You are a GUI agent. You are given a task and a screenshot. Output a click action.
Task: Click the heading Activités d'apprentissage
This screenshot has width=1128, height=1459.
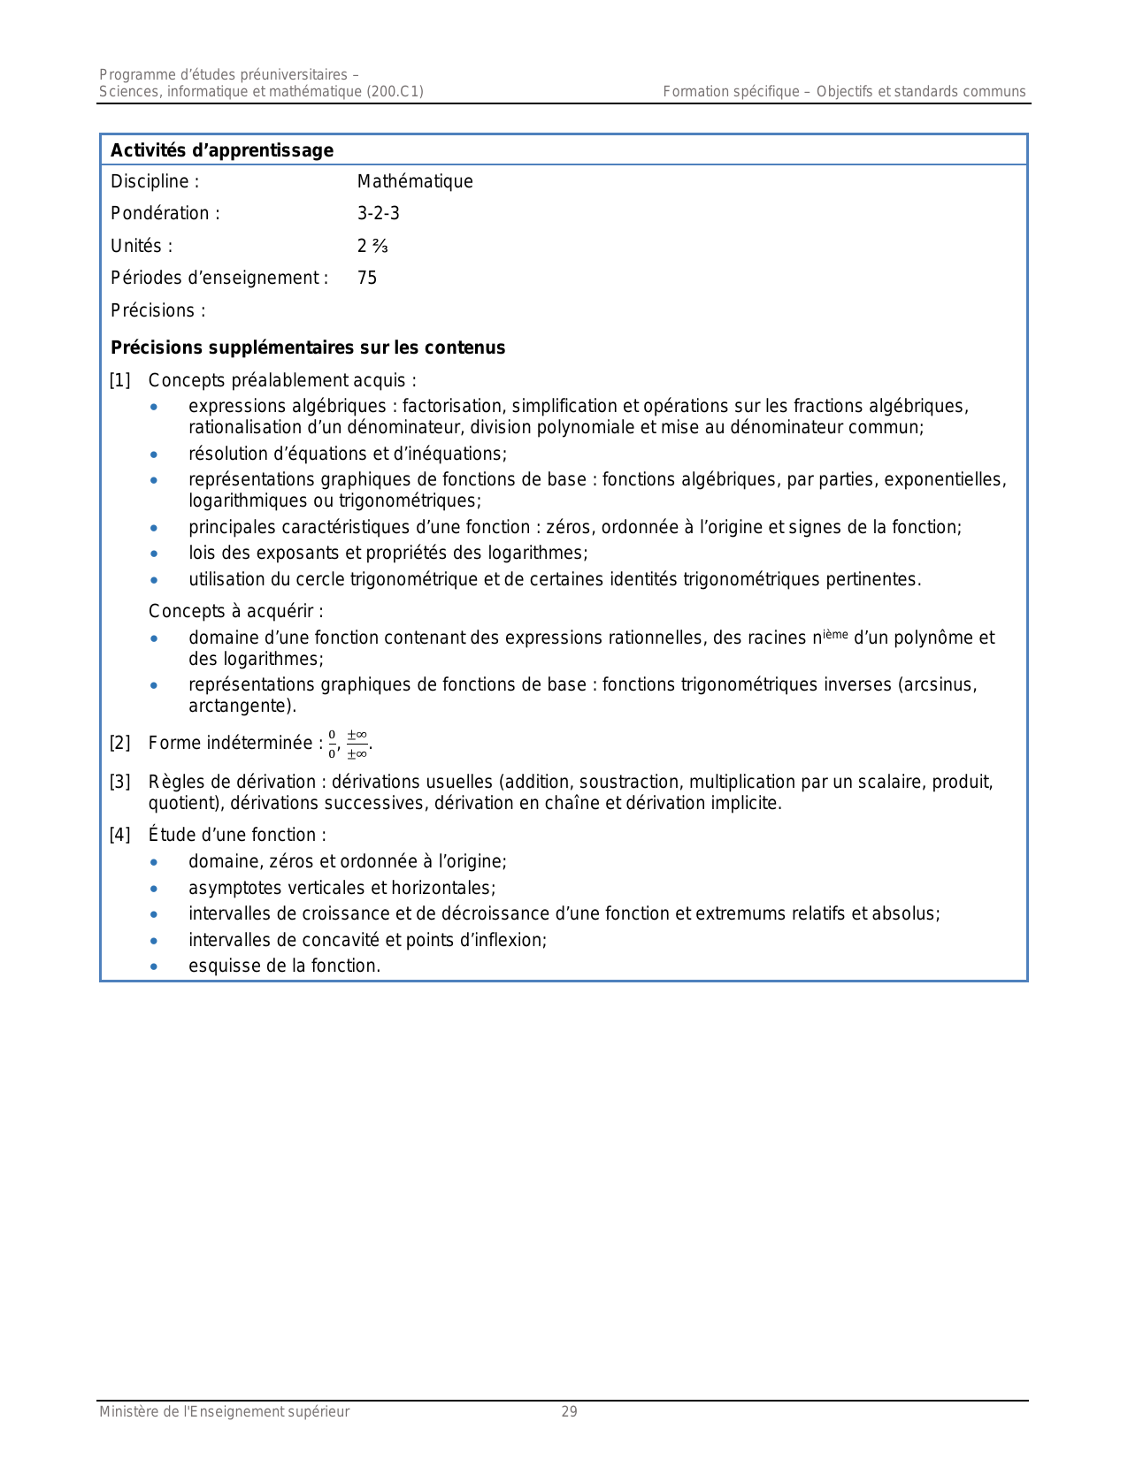(x=222, y=150)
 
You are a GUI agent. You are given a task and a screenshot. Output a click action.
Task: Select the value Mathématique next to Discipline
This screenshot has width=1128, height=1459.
(x=415, y=182)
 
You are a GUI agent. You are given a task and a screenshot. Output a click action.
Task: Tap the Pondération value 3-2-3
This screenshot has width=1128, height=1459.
(x=379, y=214)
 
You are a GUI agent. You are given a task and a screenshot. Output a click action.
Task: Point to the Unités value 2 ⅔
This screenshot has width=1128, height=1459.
(x=372, y=246)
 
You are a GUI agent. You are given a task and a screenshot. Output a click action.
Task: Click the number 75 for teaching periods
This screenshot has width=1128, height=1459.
(x=367, y=279)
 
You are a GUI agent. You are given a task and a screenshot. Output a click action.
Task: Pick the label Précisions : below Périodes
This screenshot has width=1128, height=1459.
(x=158, y=311)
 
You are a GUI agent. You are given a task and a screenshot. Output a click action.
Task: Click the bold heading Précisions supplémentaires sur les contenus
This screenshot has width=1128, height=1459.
(x=308, y=348)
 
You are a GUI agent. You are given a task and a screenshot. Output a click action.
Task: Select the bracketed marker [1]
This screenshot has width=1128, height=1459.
(x=119, y=381)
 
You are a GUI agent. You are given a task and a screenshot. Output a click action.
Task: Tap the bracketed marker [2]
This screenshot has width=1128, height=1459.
(x=119, y=744)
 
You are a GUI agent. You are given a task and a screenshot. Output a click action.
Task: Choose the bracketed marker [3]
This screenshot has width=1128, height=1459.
(x=119, y=783)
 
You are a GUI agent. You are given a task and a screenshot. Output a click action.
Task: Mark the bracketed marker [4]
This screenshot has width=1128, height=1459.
(x=119, y=836)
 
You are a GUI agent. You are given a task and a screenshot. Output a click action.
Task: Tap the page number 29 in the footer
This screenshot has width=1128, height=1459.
(x=569, y=1412)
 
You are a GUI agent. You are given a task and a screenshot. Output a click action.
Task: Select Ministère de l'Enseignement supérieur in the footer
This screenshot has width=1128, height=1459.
(x=225, y=1412)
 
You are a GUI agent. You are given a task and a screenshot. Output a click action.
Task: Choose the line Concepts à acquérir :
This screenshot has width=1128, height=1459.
(x=235, y=612)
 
